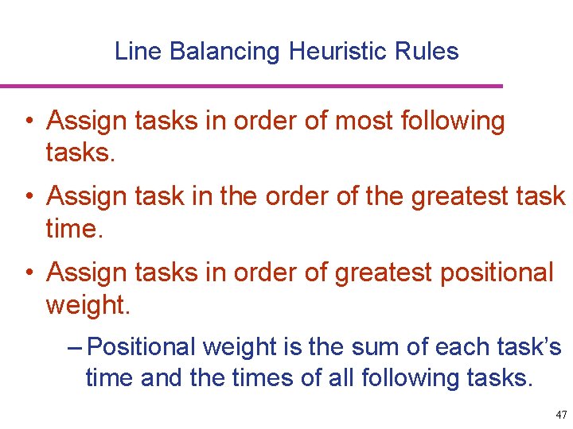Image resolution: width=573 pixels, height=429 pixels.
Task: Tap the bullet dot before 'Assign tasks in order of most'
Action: pos(29,122)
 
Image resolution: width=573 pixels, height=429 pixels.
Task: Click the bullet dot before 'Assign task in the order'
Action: pos(29,196)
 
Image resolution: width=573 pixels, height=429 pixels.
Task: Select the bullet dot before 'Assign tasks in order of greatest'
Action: pos(29,272)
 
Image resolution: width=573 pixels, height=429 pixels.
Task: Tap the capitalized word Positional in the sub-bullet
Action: pos(142,347)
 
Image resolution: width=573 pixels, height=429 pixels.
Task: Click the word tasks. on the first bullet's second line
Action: pos(81,152)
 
